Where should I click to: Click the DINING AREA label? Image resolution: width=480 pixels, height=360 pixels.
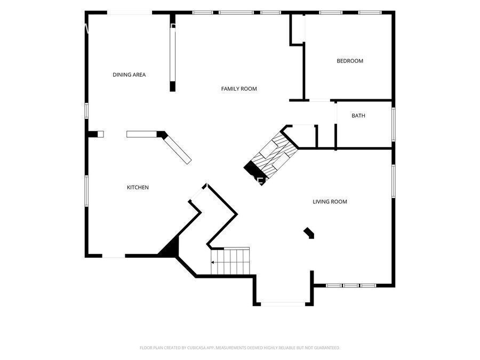point(129,75)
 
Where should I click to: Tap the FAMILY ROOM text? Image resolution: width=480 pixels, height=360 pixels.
point(239,89)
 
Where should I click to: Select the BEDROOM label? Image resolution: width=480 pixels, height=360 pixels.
point(349,61)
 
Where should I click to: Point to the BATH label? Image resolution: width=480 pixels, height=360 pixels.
point(358,116)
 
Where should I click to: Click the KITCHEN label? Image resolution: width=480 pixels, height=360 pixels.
point(138,187)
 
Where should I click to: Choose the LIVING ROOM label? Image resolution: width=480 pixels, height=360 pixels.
point(330,202)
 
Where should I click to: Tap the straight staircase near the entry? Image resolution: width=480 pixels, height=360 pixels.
point(230,261)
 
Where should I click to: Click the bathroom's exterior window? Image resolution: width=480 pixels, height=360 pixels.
point(394,124)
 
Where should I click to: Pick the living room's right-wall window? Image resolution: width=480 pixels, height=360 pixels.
point(394,181)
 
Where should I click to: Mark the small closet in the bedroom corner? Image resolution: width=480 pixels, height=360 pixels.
point(297,29)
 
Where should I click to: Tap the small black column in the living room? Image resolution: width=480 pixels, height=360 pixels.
point(309,233)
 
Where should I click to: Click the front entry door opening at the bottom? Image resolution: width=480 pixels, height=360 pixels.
point(283,304)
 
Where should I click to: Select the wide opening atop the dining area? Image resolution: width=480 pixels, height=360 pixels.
point(130,13)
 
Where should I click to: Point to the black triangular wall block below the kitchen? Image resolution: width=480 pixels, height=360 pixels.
point(170,248)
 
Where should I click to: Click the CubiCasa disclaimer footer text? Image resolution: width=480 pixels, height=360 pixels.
point(239,348)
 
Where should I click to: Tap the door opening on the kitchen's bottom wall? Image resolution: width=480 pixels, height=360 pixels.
point(114,255)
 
